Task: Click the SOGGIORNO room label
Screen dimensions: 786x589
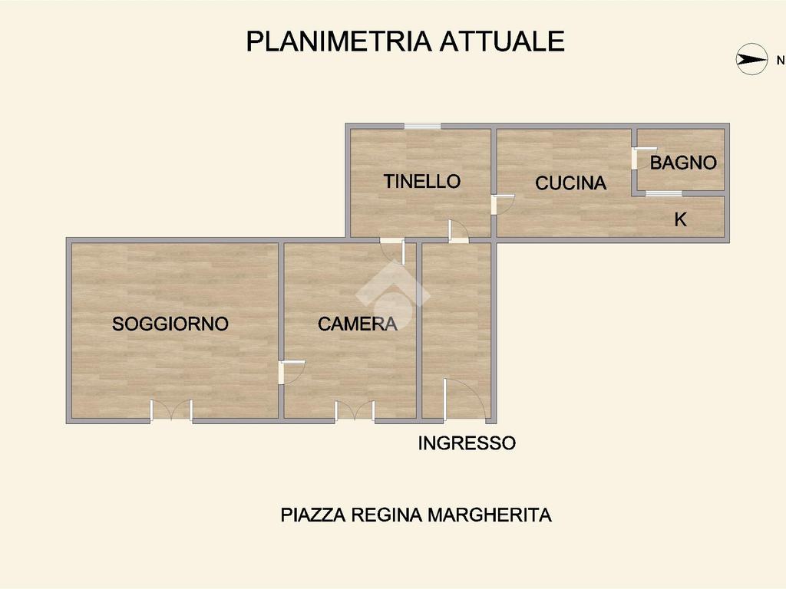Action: [170, 324]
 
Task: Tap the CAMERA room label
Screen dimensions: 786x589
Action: [358, 324]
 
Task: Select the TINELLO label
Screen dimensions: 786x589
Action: [422, 181]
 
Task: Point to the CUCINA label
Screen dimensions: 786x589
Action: [570, 183]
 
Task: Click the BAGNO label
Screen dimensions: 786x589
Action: [683, 163]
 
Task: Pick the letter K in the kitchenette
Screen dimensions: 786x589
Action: [680, 219]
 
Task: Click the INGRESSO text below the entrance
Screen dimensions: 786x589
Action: [467, 443]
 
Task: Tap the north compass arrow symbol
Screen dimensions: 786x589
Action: [751, 60]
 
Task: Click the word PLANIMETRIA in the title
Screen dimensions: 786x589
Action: [339, 41]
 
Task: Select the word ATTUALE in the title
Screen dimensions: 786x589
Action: [502, 41]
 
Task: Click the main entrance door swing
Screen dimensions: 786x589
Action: [464, 399]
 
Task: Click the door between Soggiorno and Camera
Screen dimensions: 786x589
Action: [292, 373]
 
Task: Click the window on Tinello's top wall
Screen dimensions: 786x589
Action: [423, 126]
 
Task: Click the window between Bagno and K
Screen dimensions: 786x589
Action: [664, 193]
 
